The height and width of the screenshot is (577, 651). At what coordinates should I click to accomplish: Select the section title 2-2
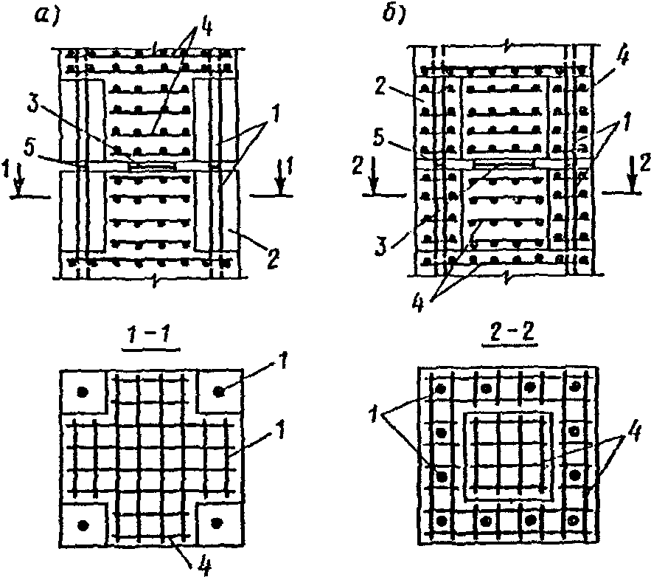[x=509, y=335]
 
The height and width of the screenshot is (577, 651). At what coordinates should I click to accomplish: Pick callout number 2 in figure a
[x=272, y=258]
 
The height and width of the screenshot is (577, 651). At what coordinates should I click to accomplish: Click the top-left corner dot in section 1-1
[x=83, y=392]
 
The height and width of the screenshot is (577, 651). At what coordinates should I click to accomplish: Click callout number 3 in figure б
[x=380, y=244]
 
